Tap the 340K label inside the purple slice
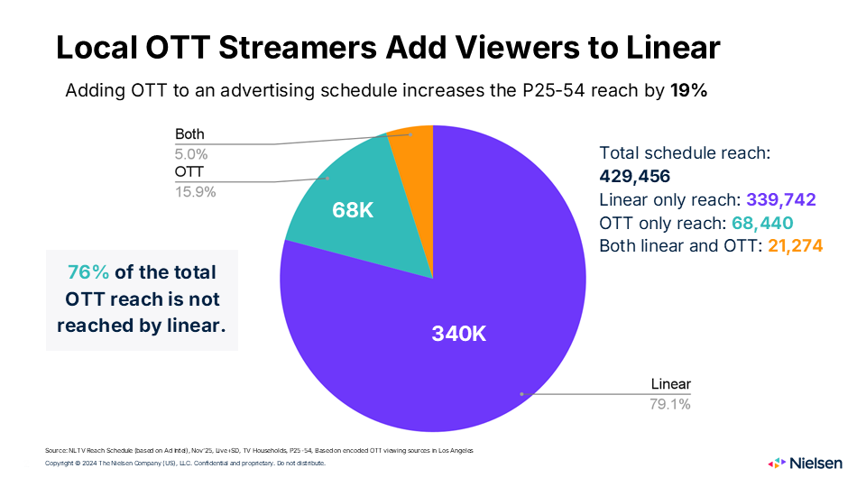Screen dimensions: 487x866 tap(459, 333)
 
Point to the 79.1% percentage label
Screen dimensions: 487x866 tap(670, 405)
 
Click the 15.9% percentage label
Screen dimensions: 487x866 tap(196, 191)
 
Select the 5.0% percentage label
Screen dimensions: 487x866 tap(190, 153)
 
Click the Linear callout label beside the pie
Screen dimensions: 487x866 tap(670, 385)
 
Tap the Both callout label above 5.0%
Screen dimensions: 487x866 tap(189, 134)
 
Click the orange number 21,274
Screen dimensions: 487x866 tap(795, 245)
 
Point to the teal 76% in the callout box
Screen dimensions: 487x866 tap(88, 272)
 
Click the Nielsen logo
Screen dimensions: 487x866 tap(806, 463)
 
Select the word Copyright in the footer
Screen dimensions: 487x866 tap(61, 464)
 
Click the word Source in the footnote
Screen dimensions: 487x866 tap(56, 449)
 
